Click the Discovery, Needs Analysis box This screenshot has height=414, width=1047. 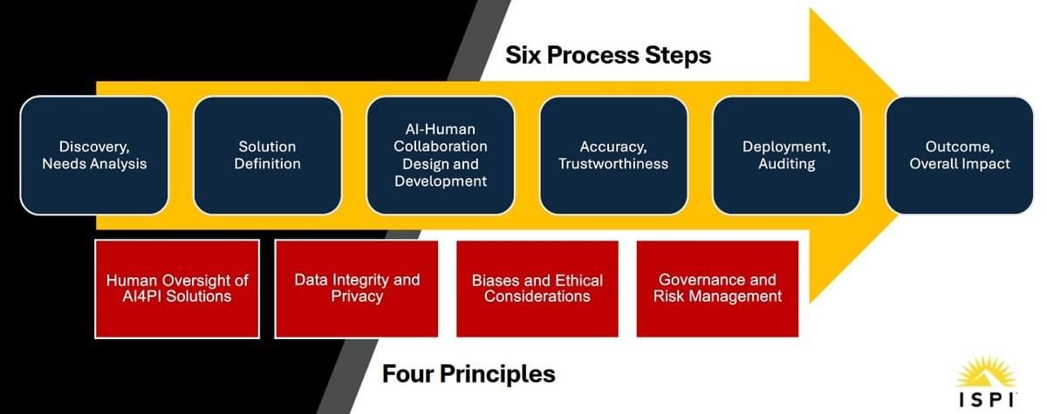pyautogui.click(x=94, y=155)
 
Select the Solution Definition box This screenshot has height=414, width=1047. pyautogui.click(x=267, y=155)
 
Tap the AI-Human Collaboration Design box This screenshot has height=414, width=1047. pyautogui.click(x=441, y=155)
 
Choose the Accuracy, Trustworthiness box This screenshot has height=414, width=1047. pyautogui.click(x=613, y=155)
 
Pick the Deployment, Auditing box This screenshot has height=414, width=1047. pyautogui.click(x=787, y=155)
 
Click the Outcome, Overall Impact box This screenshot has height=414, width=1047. pyautogui.click(x=960, y=155)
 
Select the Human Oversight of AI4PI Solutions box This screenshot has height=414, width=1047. pyautogui.click(x=177, y=288)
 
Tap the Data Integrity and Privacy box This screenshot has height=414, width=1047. pyautogui.click(x=357, y=288)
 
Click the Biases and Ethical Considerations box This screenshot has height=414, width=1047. pyautogui.click(x=537, y=288)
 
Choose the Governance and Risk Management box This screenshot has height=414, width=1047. pyautogui.click(x=717, y=288)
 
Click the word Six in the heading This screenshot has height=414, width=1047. pyautogui.click(x=523, y=55)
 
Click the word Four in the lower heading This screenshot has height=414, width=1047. pyautogui.click(x=408, y=374)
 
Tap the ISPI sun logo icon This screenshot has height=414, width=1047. pyautogui.click(x=987, y=372)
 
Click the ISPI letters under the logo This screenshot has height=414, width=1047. pyautogui.click(x=987, y=400)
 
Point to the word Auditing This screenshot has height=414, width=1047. pyautogui.click(x=787, y=165)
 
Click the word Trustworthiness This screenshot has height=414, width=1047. pyautogui.click(x=613, y=164)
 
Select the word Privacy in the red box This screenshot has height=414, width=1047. pyautogui.click(x=357, y=297)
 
